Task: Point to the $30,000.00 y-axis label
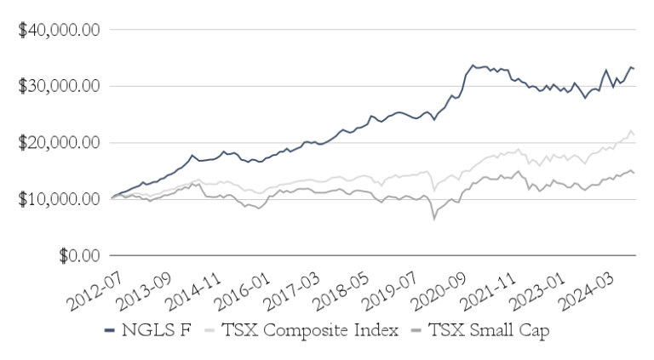point(59,86)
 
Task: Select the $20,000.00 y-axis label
point(59,142)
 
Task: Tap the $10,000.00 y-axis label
point(59,198)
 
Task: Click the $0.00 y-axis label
point(77,254)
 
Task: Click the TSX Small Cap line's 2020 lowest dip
point(433,219)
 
